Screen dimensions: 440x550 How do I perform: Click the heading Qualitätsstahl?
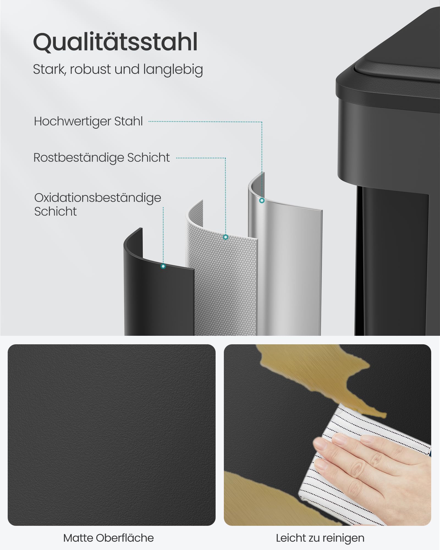click(115, 42)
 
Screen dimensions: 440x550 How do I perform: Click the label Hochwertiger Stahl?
click(88, 121)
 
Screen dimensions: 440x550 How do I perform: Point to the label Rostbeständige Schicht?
click(101, 158)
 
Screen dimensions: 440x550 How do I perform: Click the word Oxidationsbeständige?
click(98, 198)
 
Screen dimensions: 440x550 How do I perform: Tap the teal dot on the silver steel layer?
click(262, 200)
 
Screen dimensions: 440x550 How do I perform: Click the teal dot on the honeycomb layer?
click(226, 237)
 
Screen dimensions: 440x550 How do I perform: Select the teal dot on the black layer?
click(163, 266)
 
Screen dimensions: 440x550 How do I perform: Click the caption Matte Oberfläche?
click(109, 538)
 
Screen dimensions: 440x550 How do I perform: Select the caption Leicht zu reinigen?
click(320, 538)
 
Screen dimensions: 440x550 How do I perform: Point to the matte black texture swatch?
click(112, 435)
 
